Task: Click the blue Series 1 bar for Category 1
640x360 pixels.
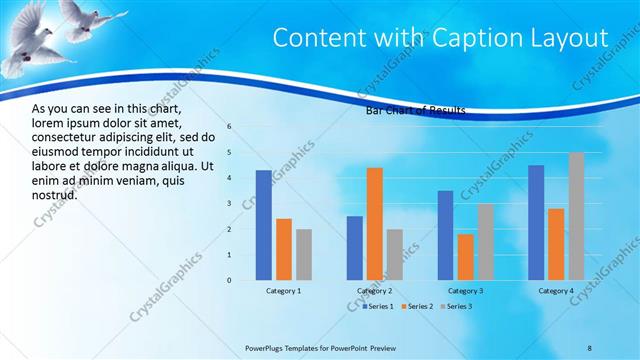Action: pyautogui.click(x=264, y=224)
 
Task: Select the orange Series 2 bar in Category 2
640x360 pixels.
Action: pyautogui.click(x=375, y=223)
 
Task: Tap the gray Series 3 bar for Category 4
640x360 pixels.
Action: pyautogui.click(x=577, y=216)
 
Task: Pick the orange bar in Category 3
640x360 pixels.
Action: pyautogui.click(x=465, y=256)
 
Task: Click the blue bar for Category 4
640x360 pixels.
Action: pyautogui.click(x=536, y=222)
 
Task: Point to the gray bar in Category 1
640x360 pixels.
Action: pyautogui.click(x=304, y=254)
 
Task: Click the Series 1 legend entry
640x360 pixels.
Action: pyautogui.click(x=377, y=306)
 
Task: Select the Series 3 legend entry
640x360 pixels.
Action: pyautogui.click(x=456, y=306)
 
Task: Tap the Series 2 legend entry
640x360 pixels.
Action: pyautogui.click(x=417, y=306)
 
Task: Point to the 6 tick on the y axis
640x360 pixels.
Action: pyautogui.click(x=229, y=127)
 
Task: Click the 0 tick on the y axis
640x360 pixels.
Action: pyautogui.click(x=229, y=280)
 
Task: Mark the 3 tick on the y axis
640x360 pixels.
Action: pyautogui.click(x=229, y=204)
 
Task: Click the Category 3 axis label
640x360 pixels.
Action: pyautogui.click(x=465, y=291)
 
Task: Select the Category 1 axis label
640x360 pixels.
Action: pyautogui.click(x=284, y=291)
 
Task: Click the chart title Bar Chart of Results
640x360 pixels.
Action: pyautogui.click(x=416, y=111)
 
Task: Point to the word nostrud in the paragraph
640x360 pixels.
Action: pyautogui.click(x=55, y=194)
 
